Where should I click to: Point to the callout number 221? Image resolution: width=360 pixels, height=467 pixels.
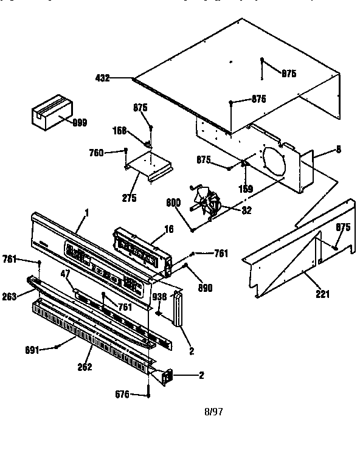point(322,294)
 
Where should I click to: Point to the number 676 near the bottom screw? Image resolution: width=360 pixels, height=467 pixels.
point(122,395)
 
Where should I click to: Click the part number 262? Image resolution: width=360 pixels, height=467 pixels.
point(85,367)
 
